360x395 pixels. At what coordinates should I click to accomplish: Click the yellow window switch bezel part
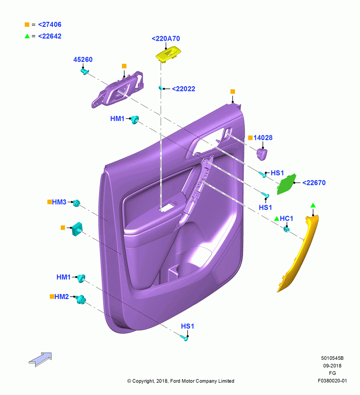[168, 54]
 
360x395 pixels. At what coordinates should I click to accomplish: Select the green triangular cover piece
[286, 184]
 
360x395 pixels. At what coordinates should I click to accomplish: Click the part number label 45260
[83, 60]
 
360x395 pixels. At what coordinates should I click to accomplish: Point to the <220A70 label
[166, 39]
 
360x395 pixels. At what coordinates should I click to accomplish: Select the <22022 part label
[184, 89]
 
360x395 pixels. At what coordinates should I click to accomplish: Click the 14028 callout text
[263, 137]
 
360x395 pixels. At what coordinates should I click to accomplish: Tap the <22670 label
[314, 182]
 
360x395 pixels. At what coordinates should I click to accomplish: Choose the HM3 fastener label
[59, 202]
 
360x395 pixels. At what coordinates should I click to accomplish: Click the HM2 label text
[62, 297]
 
